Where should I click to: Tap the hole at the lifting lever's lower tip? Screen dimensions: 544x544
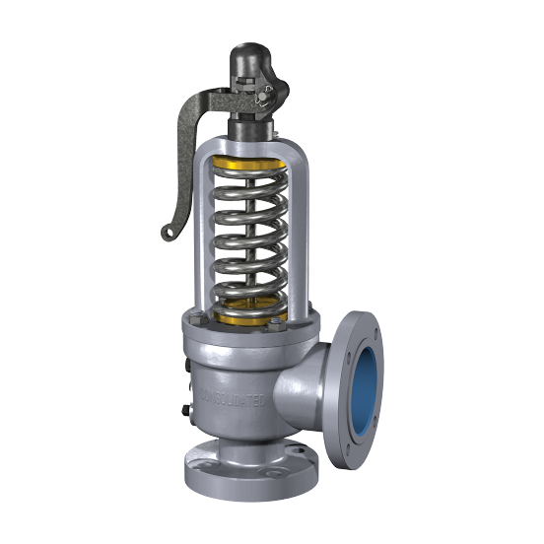click(x=168, y=233)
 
